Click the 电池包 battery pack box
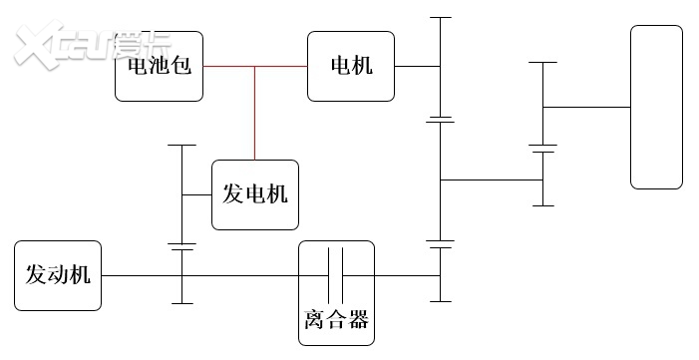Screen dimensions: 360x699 pyautogui.click(x=159, y=67)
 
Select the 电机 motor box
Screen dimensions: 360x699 pyautogui.click(x=351, y=67)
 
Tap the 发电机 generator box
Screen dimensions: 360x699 pyautogui.click(x=254, y=194)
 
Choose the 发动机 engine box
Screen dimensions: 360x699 pyautogui.click(x=58, y=275)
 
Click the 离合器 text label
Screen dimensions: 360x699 pyautogui.click(x=336, y=320)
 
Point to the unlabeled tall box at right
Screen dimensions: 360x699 pyautogui.click(x=656, y=107)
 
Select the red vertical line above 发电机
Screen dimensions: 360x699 pyautogui.click(x=254, y=115)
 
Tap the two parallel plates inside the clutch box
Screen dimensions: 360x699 pyautogui.click(x=336, y=276)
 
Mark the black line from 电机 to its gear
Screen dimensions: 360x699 pyautogui.click(x=417, y=67)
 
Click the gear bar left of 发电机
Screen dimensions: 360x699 pyautogui.click(x=182, y=194)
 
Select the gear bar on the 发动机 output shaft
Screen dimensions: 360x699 pyautogui.click(x=182, y=276)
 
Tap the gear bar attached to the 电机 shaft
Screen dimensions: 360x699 pyautogui.click(x=439, y=67)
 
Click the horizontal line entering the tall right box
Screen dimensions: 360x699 pyautogui.click(x=588, y=107)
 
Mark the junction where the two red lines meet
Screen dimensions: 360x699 pyautogui.click(x=254, y=67)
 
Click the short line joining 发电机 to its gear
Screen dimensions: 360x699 pyautogui.click(x=197, y=194)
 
